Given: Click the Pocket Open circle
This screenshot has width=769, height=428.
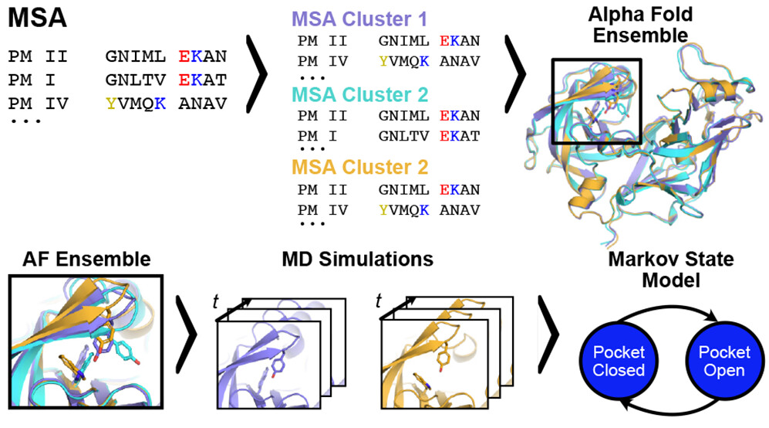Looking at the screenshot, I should tap(723, 361).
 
